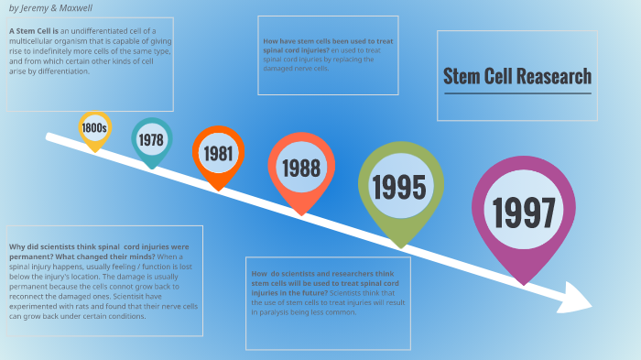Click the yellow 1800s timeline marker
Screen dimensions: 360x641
tap(94, 129)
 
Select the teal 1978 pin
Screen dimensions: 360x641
tap(151, 139)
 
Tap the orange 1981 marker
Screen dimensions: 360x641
tap(218, 153)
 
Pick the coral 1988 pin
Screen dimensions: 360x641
tap(300, 168)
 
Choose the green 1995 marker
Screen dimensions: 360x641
tap(398, 187)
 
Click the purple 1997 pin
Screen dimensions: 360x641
tap(524, 213)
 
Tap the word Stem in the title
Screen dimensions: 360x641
tap(460, 77)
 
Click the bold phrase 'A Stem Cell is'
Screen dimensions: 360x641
tap(34, 31)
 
